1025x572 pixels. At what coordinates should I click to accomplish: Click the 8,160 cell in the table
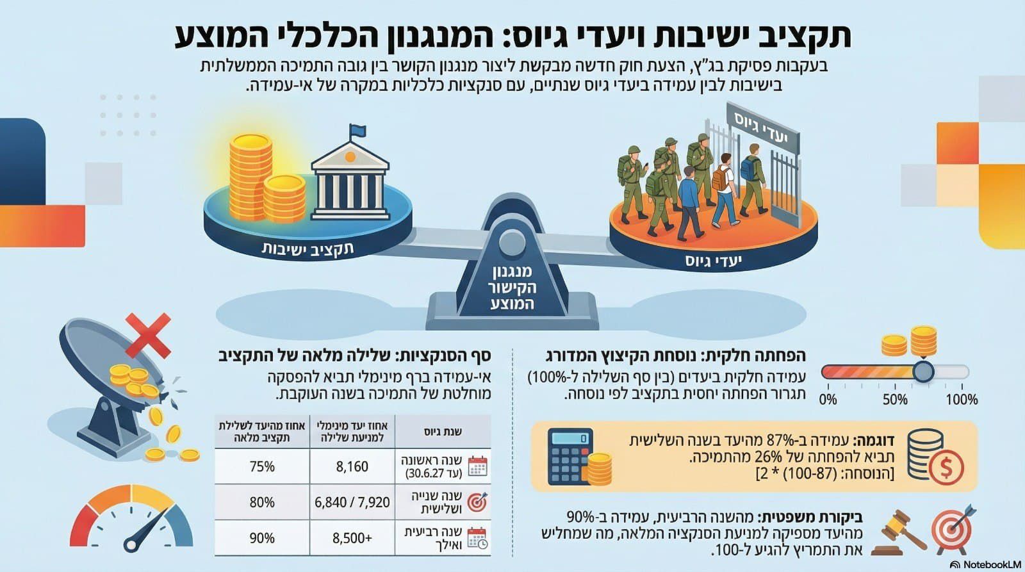click(352, 466)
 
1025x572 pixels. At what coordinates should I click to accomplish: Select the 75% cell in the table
click(262, 466)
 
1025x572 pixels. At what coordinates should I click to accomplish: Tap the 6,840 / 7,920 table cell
click(352, 503)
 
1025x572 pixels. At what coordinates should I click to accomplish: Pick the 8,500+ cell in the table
click(352, 538)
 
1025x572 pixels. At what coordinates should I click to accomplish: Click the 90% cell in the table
click(262, 538)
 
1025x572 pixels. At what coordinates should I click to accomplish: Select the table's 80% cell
click(262, 503)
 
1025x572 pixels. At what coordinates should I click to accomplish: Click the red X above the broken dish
click(148, 334)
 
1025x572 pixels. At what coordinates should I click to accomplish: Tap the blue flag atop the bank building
click(357, 131)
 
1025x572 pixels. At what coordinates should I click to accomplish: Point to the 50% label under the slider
click(894, 400)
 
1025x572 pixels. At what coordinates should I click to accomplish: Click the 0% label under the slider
click(828, 400)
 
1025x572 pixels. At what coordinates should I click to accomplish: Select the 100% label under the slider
click(962, 400)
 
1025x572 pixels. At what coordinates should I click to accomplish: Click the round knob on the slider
click(923, 372)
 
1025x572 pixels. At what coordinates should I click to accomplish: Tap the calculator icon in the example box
click(570, 457)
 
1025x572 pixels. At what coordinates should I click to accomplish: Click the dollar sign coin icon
click(946, 467)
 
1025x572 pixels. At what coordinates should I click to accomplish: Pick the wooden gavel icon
click(900, 530)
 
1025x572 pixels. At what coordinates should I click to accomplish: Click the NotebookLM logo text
click(989, 565)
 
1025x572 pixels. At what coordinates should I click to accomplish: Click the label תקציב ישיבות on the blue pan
click(307, 248)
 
